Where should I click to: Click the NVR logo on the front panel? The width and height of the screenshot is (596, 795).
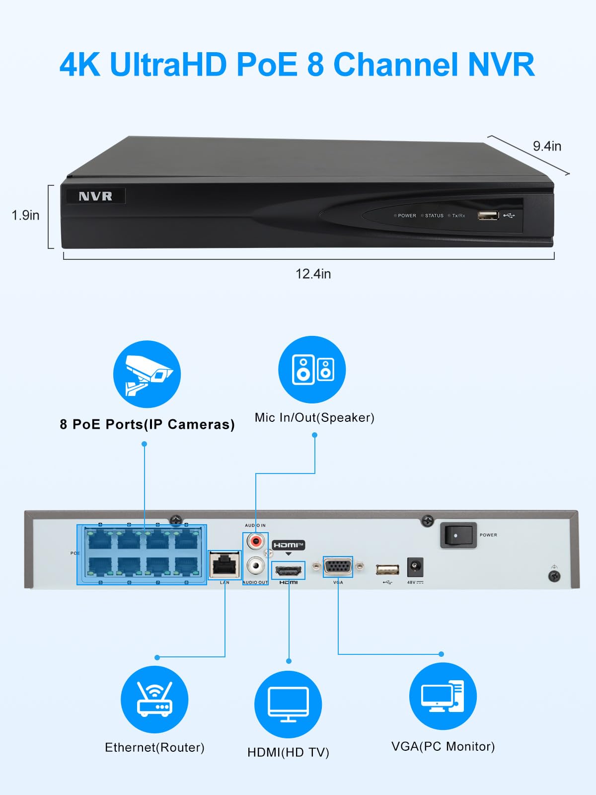click(x=95, y=196)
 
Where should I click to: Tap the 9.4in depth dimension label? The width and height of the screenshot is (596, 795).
click(x=547, y=146)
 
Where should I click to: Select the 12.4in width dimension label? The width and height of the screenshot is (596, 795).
click(x=313, y=274)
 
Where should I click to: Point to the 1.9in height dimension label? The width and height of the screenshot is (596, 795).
click(x=25, y=215)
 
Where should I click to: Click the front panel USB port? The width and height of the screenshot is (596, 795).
click(x=488, y=215)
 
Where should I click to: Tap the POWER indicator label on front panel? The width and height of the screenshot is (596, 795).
click(x=406, y=216)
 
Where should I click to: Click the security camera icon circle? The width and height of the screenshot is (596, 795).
click(x=147, y=374)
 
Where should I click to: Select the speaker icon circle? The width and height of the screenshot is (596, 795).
click(x=312, y=369)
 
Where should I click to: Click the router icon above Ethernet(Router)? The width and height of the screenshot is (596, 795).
click(x=154, y=699)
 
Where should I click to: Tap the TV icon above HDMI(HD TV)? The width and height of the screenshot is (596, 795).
click(x=288, y=704)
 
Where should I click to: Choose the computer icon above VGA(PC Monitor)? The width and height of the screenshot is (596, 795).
click(x=443, y=696)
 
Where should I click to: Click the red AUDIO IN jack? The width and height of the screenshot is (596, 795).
click(x=256, y=541)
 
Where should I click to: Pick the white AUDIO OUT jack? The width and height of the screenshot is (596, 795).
click(x=256, y=565)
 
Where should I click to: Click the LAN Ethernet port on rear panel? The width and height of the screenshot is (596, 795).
click(x=224, y=565)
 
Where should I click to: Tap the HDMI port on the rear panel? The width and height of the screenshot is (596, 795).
click(x=289, y=569)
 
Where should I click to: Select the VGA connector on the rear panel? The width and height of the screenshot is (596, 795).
click(x=338, y=566)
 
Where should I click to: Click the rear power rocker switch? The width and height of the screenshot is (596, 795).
click(x=458, y=535)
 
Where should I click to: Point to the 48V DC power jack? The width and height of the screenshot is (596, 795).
click(x=415, y=567)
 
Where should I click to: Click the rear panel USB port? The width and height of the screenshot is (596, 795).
click(x=387, y=569)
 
